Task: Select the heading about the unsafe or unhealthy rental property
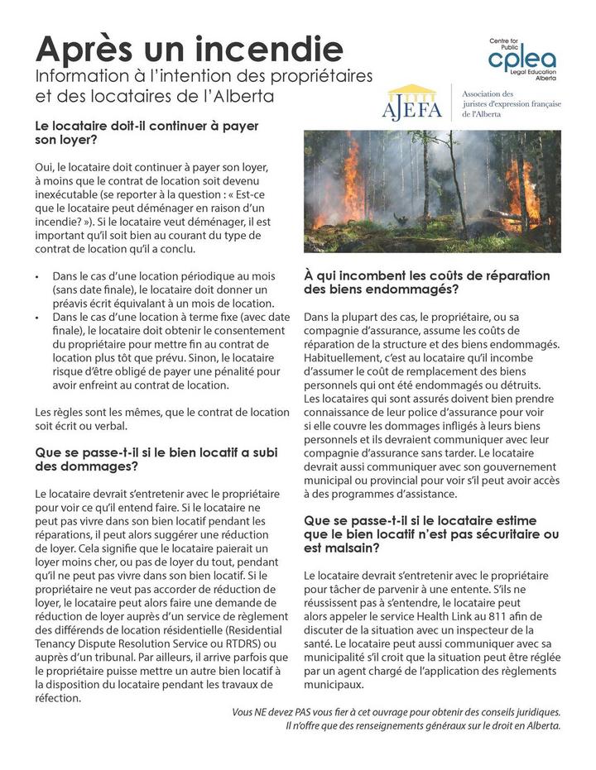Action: point(431,534)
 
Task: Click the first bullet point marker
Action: point(38,275)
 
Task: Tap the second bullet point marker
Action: point(38,316)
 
